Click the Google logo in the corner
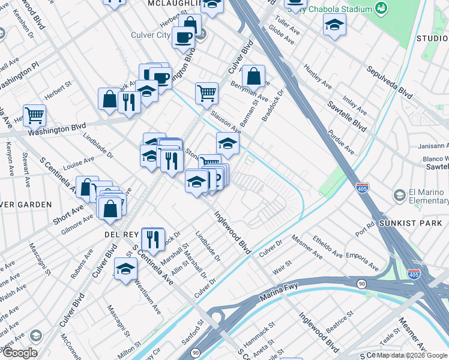coord(20,353)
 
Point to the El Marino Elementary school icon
coord(399,195)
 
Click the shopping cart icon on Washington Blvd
coord(34,115)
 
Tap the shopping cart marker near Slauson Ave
coord(206,93)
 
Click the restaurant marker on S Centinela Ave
coord(153,238)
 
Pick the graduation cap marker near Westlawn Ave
coord(125,268)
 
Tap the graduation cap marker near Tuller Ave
coord(334,25)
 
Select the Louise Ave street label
coord(79,163)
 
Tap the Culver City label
coord(151,35)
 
